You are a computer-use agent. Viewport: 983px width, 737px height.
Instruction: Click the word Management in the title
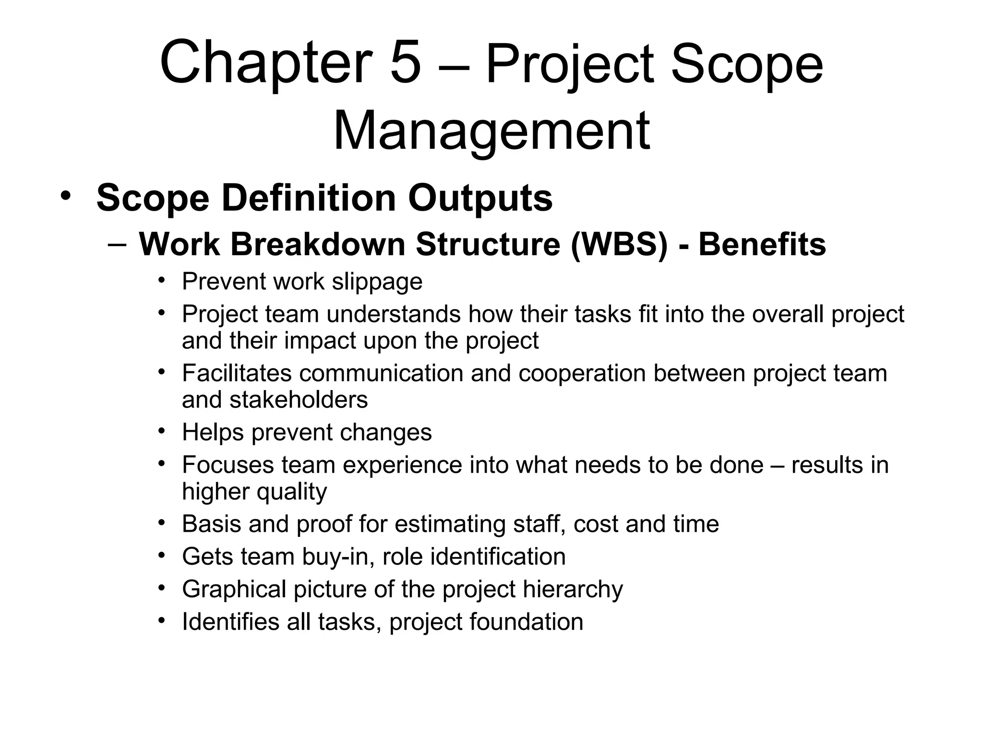(x=491, y=131)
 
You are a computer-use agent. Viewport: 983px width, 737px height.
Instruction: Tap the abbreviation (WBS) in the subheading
(x=619, y=244)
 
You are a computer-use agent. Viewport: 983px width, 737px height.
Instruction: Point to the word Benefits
(x=762, y=244)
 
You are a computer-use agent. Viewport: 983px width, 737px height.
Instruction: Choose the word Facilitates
(x=236, y=373)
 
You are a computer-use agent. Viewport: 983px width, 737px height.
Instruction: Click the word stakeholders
(x=298, y=400)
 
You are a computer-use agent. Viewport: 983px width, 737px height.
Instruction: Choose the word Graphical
(x=234, y=589)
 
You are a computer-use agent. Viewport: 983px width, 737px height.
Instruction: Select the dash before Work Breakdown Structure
(x=118, y=244)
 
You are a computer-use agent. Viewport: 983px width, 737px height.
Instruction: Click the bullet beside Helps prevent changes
(x=162, y=430)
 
